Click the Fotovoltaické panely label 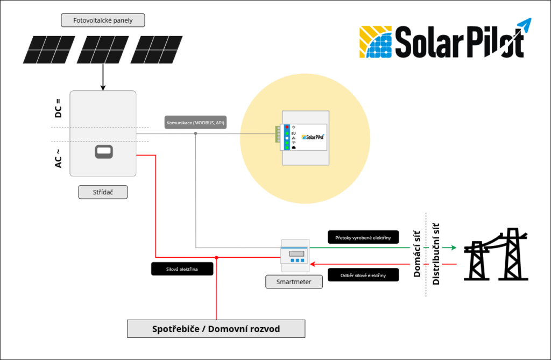tap(103, 21)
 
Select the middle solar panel tap(102, 50)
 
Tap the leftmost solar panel tap(47, 50)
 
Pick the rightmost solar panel tap(156, 50)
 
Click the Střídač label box tap(103, 192)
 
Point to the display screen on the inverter tap(103, 152)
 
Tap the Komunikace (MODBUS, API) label tap(196, 123)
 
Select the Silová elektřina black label tap(182, 269)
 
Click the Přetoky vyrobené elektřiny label tap(364, 237)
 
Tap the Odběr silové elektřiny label tap(364, 275)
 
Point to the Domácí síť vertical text tap(417, 253)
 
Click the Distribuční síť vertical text tap(436, 253)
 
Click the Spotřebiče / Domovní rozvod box tap(216, 329)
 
